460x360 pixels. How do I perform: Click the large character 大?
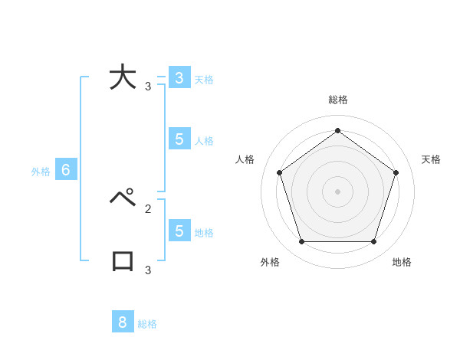click(x=123, y=78)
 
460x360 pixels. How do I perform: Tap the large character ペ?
click(x=123, y=198)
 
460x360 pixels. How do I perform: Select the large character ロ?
click(x=123, y=260)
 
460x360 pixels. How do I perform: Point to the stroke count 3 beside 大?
click(x=148, y=87)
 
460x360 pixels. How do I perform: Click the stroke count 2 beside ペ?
click(x=148, y=208)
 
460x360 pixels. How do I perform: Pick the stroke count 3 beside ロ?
click(x=148, y=270)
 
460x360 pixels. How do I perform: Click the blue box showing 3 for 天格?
click(x=179, y=78)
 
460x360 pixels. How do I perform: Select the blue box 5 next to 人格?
click(x=179, y=139)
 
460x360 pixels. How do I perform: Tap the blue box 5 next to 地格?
click(x=179, y=231)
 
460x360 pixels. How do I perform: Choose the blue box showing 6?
click(x=66, y=170)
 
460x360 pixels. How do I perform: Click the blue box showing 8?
click(x=123, y=322)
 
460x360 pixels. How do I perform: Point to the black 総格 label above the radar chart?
click(x=338, y=100)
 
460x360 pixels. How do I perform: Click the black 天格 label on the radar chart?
click(x=431, y=159)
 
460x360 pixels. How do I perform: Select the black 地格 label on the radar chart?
click(x=402, y=262)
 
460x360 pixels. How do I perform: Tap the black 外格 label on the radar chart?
click(x=270, y=262)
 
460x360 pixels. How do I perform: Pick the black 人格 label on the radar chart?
click(x=245, y=159)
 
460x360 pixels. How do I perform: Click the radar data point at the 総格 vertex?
click(x=338, y=130)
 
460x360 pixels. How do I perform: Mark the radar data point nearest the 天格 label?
click(x=396, y=172)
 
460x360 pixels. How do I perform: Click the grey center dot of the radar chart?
click(x=338, y=191)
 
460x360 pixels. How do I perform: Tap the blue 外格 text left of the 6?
click(x=41, y=172)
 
